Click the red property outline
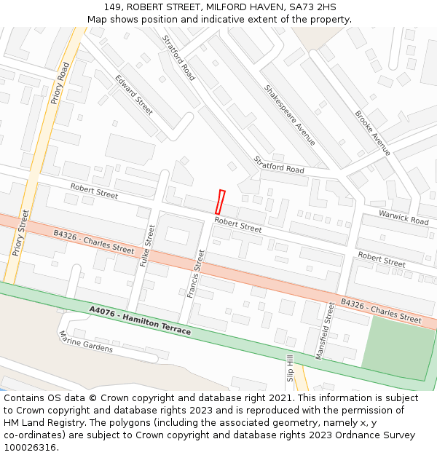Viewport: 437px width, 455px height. coord(221,202)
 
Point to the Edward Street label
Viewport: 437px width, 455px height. coord(134,95)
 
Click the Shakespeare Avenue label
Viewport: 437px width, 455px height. coord(290,115)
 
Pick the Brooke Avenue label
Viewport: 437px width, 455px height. coord(373,133)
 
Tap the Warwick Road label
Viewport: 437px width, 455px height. coord(403,216)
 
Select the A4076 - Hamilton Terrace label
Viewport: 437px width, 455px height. coord(140,320)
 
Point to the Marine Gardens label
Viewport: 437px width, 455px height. coord(86,341)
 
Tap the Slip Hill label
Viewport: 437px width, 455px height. coord(289,368)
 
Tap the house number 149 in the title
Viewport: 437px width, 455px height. coord(112,7)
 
